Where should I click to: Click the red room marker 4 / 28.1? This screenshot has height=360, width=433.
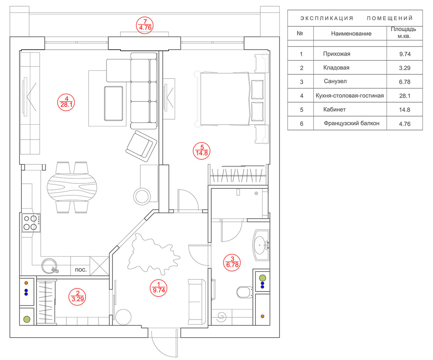(66, 102)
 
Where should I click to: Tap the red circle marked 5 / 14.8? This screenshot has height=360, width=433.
(201, 151)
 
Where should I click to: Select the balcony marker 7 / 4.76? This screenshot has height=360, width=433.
(145, 25)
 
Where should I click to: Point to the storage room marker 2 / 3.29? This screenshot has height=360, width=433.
(77, 297)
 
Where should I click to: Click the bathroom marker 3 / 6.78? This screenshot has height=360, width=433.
(232, 263)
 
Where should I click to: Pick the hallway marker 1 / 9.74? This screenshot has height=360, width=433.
(158, 288)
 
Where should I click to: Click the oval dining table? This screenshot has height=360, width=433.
(72, 187)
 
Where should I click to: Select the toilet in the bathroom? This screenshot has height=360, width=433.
(245, 292)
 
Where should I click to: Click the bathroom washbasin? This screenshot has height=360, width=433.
(261, 245)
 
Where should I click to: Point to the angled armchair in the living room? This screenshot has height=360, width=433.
(141, 146)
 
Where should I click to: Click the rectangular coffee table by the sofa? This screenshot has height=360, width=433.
(113, 103)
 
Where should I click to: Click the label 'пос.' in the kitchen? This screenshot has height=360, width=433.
(81, 270)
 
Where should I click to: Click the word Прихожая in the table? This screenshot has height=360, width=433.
(337, 54)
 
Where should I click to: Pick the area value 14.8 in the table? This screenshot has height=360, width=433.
(404, 109)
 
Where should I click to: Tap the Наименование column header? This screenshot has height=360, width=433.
(351, 34)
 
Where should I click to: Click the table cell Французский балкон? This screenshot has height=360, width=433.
(351, 123)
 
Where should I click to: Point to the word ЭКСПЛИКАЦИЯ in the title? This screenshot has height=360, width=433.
(327, 18)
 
